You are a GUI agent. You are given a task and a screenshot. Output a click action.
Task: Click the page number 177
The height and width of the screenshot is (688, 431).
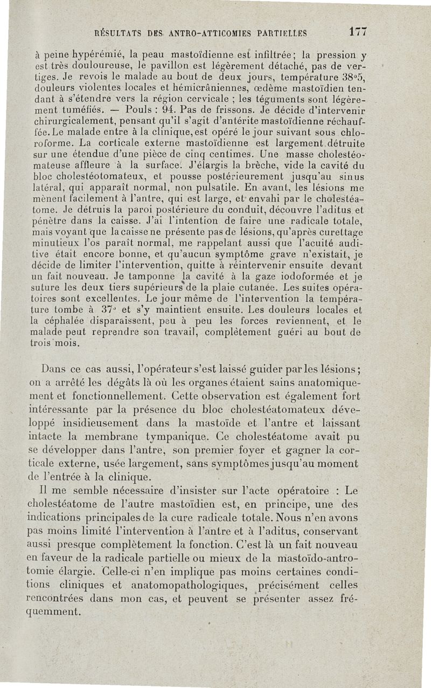pos(358,32)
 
